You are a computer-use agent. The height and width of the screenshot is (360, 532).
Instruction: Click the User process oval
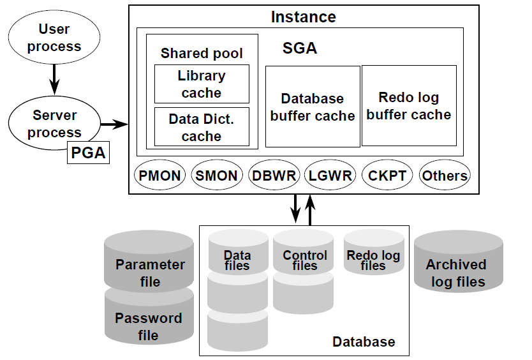pos(54,38)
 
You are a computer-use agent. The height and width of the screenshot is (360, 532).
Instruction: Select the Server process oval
pos(54,124)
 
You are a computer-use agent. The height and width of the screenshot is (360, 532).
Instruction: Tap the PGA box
pos(87,154)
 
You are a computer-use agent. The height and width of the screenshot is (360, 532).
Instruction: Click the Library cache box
pos(202,84)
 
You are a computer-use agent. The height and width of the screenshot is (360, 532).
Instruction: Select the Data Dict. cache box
pos(202,127)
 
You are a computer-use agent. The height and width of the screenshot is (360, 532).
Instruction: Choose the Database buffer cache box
pos(313,107)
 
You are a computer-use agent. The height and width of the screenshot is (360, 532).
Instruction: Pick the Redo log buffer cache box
pos(409,105)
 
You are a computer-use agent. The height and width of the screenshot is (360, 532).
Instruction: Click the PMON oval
pos(159,176)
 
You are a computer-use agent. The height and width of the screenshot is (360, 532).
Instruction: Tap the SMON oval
pos(216,176)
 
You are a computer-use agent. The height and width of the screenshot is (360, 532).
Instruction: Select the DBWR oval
pos(273,176)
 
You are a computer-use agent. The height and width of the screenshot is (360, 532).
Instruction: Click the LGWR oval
pos(329,176)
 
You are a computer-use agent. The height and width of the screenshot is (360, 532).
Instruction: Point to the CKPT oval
pos(387,176)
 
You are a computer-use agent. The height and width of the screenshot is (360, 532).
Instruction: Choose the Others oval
pos(445,176)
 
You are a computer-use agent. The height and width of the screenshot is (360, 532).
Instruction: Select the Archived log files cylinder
pos(457,268)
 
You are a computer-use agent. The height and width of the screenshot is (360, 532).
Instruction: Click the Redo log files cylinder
pos(373,255)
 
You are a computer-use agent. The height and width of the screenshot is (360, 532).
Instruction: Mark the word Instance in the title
pos(303,17)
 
